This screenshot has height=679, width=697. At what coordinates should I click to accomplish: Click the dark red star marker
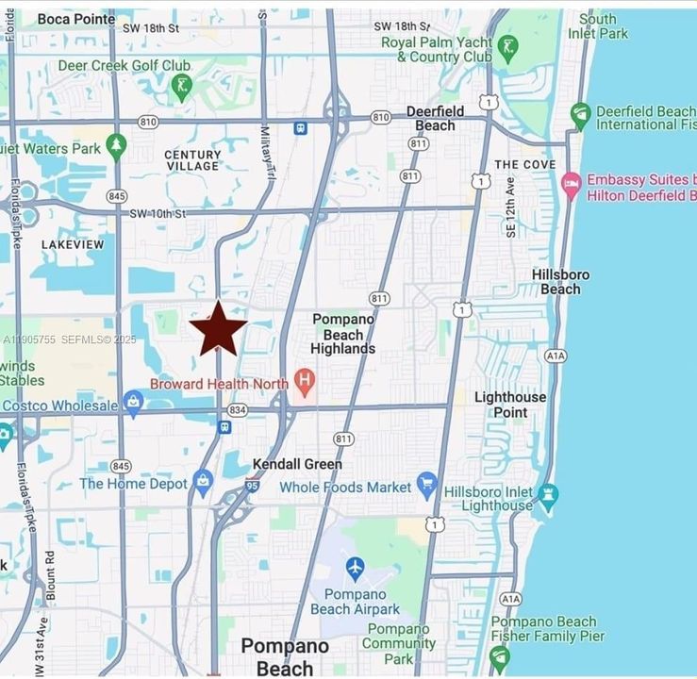218,329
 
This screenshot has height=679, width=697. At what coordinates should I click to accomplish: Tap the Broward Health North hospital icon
304,382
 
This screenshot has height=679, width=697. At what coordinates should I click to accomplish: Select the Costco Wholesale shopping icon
133,404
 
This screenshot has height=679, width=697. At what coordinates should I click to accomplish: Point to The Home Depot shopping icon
203,483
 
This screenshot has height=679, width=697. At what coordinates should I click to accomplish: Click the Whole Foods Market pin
426,486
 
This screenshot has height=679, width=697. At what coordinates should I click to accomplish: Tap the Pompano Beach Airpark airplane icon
355,570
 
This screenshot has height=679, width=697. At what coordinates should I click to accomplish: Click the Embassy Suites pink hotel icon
571,185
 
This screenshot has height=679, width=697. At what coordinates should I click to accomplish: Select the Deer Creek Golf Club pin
181,88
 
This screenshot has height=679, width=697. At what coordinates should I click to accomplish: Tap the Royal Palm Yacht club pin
507,49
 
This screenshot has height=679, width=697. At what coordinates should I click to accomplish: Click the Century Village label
192,159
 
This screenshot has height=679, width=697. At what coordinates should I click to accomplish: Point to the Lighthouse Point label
510,405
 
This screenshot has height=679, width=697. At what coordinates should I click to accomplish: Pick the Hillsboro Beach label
560,281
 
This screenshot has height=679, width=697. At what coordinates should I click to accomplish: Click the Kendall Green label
297,464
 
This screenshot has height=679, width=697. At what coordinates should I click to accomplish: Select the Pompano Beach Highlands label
343,334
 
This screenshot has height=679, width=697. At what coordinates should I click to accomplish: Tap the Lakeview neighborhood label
73,244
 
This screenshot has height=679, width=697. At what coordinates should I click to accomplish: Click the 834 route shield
238,410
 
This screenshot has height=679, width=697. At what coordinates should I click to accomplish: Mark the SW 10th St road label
158,214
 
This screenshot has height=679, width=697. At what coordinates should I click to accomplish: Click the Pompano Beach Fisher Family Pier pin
500,656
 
